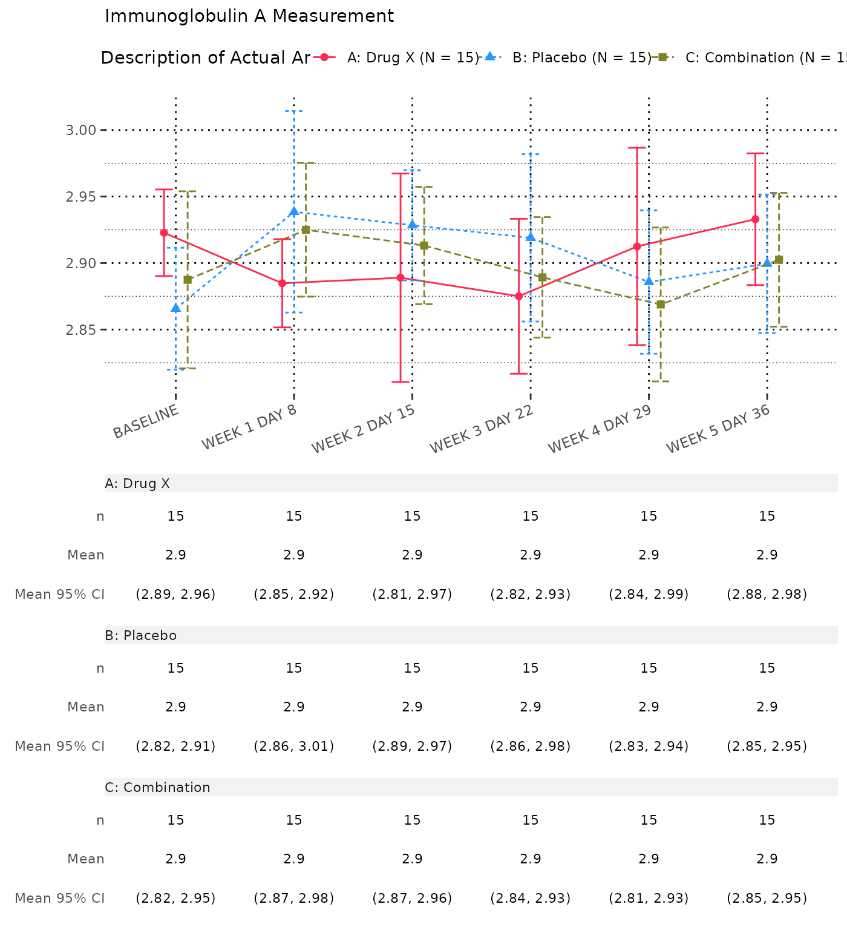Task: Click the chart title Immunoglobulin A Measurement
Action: [x=249, y=16]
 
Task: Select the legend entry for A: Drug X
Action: [x=412, y=58]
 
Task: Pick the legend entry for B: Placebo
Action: [x=577, y=58]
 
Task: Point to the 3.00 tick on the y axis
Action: [x=80, y=130]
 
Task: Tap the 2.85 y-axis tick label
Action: [x=80, y=330]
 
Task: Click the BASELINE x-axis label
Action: [x=146, y=421]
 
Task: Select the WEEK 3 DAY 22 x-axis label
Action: [x=482, y=429]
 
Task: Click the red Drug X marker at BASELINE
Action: [x=164, y=232]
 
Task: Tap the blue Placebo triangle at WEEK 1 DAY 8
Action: [x=294, y=211]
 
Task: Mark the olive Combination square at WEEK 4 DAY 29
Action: [x=661, y=305]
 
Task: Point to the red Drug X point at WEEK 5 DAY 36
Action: [x=756, y=219]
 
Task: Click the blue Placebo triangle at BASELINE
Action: [x=175, y=308]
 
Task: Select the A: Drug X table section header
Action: [x=137, y=484]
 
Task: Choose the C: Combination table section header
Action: [x=158, y=788]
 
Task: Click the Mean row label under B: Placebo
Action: [x=86, y=707]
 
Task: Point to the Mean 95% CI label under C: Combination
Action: [x=60, y=898]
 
